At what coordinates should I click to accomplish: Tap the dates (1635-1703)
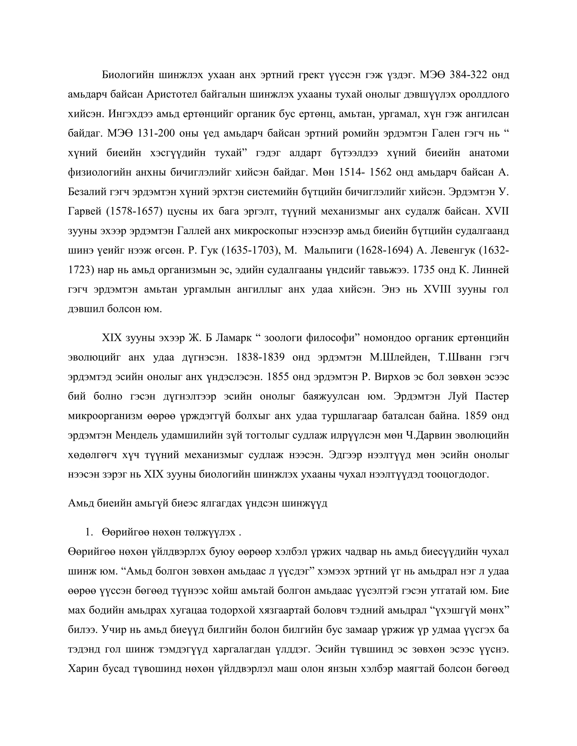coord(250,250)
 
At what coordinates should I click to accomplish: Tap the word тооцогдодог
coord(458,474)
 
